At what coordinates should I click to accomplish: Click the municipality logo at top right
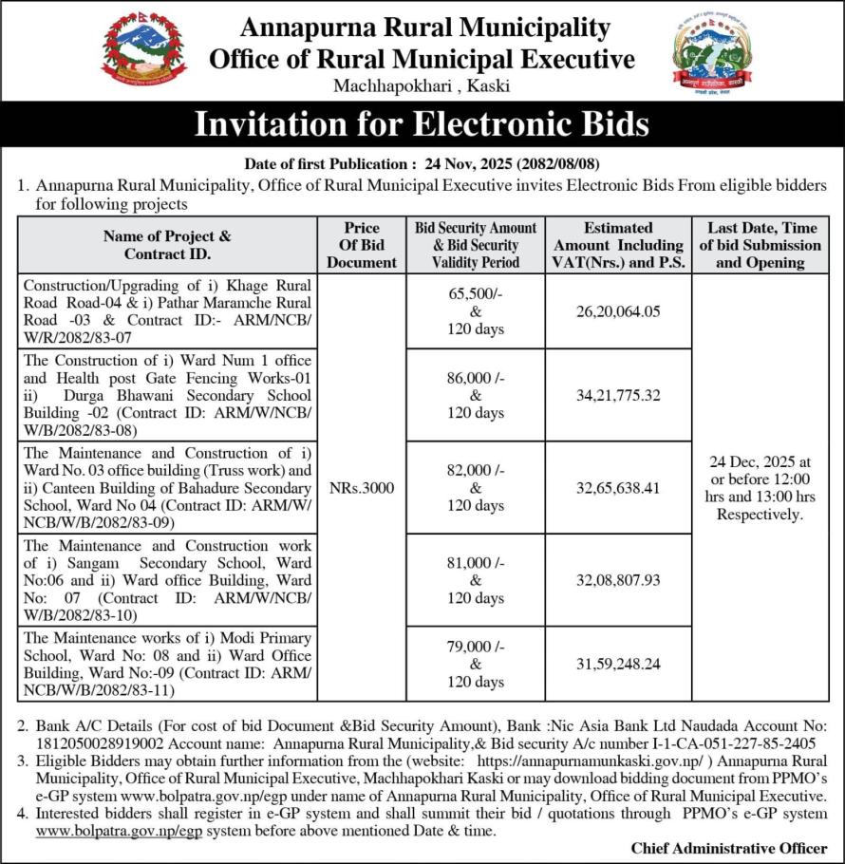711,49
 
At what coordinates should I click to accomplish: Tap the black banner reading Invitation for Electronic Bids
422,124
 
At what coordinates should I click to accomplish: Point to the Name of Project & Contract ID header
167,244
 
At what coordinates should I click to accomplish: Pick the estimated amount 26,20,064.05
616,311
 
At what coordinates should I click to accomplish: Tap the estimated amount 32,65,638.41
616,488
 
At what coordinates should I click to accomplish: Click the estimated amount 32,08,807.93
616,579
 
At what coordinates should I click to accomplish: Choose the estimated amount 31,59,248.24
616,664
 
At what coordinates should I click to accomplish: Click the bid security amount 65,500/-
476,293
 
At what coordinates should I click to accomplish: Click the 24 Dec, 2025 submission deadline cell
760,488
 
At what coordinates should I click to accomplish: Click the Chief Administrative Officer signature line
728,848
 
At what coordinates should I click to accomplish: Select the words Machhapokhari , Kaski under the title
422,85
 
